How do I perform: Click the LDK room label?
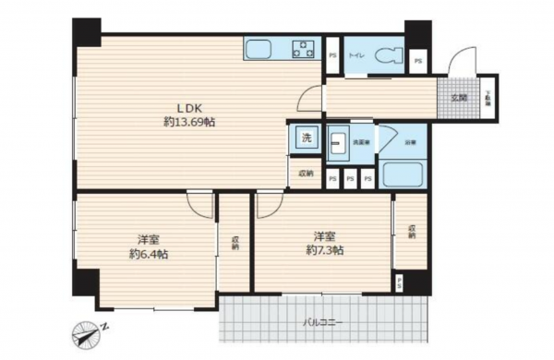177,105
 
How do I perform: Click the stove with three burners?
305,48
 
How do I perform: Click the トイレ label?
355,56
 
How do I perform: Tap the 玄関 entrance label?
458,96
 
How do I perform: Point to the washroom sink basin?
338,142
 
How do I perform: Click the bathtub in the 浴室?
403,174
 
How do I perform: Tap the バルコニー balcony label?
324,322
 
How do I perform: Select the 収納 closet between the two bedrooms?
235,241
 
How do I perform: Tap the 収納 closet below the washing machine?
305,173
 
